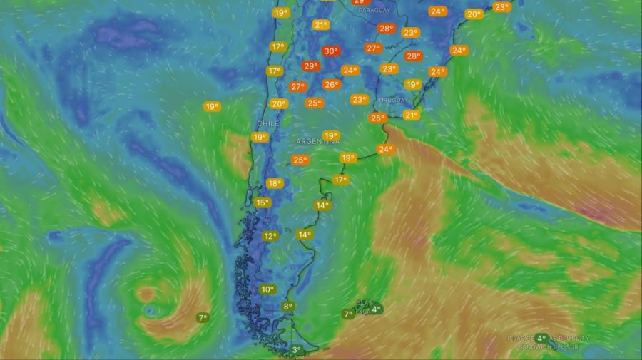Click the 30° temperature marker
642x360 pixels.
pos(330,51)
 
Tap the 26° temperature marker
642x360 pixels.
pos(331,84)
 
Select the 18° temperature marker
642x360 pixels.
pos(275,183)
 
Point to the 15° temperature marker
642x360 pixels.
pos(262,202)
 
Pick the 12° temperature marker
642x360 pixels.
pos(270,236)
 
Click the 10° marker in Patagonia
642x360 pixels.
pos(267,289)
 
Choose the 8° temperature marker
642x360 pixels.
pos(287,307)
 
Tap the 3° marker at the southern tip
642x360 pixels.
pos(296,349)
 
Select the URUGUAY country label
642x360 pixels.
pos(394,100)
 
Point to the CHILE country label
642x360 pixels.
pos(263,123)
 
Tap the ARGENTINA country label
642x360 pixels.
pos(317,141)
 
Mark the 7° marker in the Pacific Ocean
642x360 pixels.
pos(203,318)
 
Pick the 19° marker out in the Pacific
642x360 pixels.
pos(211,107)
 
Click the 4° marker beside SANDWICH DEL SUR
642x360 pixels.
pos(541,339)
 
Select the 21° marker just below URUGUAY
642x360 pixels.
pos(411,115)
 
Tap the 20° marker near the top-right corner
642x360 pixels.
pos(474,14)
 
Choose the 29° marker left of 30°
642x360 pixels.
pos(310,66)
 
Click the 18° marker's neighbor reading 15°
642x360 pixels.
pos(262,202)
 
